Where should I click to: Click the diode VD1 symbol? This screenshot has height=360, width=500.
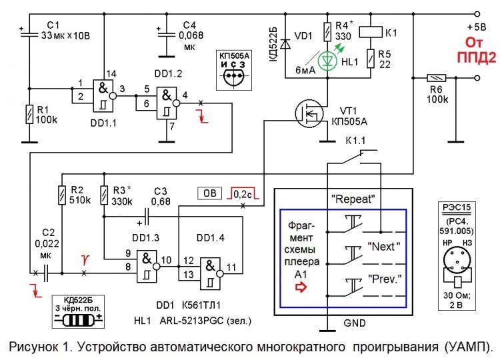coord(285,44)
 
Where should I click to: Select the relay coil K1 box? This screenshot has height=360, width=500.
coord(369,31)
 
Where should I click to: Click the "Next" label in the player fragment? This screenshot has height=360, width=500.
coord(382,246)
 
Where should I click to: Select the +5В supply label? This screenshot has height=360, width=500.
coord(477,27)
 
